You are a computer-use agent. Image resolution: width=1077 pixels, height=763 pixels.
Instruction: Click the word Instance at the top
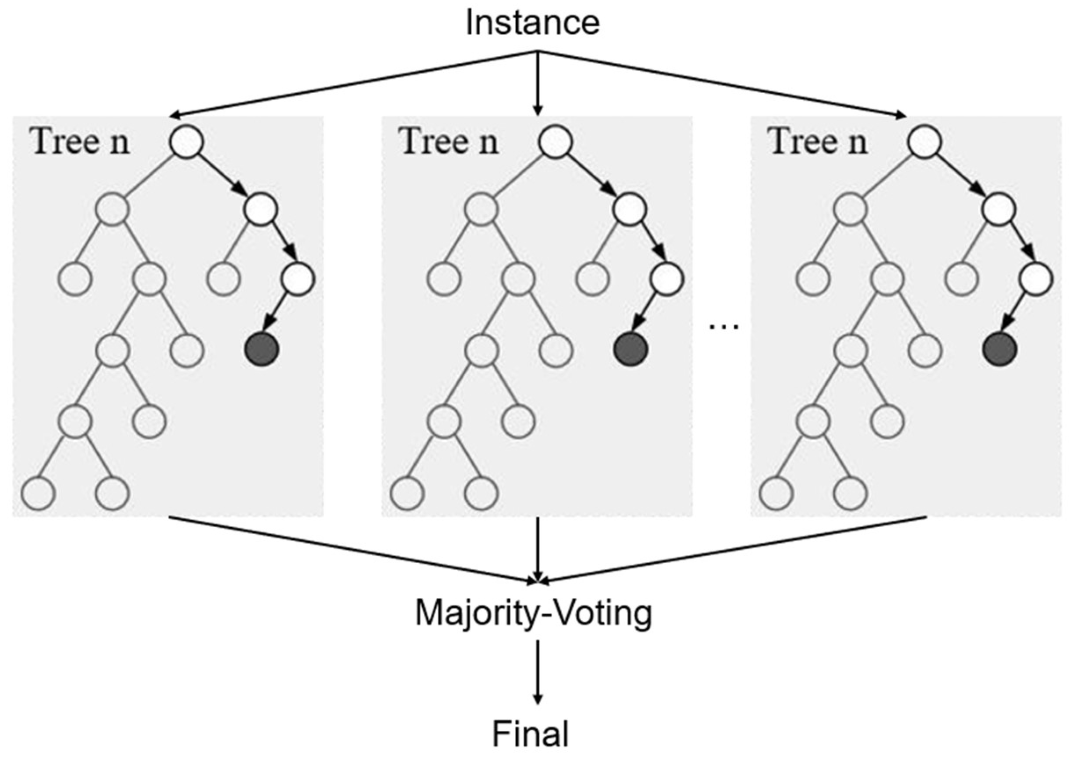pyautogui.click(x=532, y=23)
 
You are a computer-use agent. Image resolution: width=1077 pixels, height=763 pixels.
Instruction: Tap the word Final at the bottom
pyautogui.click(x=530, y=734)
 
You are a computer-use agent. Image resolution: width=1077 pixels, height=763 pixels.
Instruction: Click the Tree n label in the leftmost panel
pyautogui.click(x=80, y=141)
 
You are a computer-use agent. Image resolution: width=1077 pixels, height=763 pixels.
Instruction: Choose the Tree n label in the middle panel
pyautogui.click(x=448, y=141)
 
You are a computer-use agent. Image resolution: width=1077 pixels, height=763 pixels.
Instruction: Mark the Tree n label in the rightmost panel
pyautogui.click(x=818, y=141)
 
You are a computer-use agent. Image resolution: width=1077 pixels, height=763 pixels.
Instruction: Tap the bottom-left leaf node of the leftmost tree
pyautogui.click(x=38, y=494)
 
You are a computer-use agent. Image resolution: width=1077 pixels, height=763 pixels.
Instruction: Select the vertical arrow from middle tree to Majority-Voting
pyautogui.click(x=538, y=549)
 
